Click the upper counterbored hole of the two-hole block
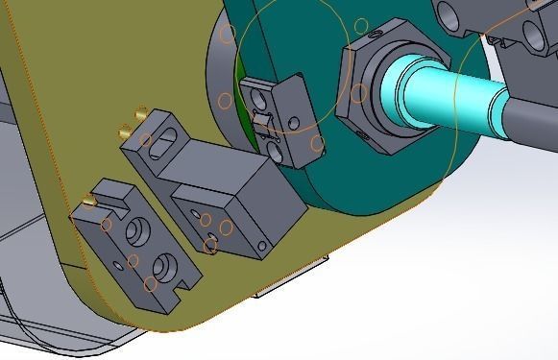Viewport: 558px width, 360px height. pyautogui.click(x=139, y=231)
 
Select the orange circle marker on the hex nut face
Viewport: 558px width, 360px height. pyautogui.click(x=358, y=93)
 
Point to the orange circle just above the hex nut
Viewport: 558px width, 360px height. pyautogui.click(x=360, y=51)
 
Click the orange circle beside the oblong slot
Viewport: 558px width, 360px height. pyautogui.click(x=146, y=140)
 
